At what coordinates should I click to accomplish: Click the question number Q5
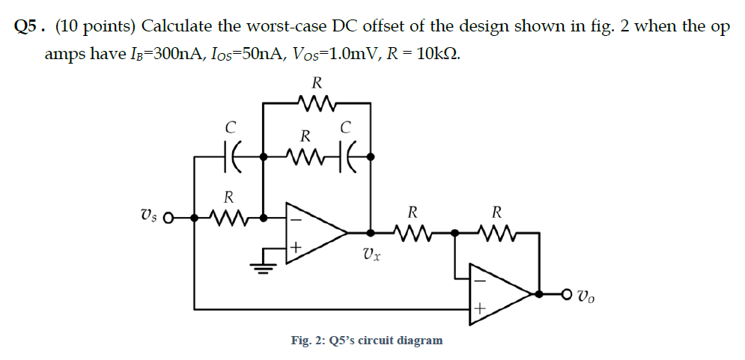[x=25, y=27]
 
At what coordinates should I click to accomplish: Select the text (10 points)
[x=95, y=27]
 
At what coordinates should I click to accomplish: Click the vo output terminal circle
[x=567, y=293]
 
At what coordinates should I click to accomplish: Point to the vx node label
[x=371, y=254]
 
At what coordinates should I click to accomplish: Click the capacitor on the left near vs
[x=230, y=156]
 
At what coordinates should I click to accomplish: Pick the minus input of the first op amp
[x=296, y=220]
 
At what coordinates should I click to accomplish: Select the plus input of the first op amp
[x=296, y=245]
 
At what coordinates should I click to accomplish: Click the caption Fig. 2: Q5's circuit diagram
[x=366, y=341]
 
